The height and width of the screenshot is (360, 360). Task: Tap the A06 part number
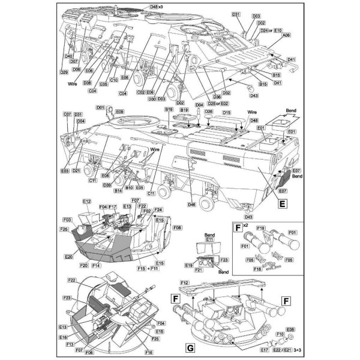point(286,35)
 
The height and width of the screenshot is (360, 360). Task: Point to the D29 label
point(64,72)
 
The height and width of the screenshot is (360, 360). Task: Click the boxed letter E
point(281,202)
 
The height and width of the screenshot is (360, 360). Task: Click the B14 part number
point(119,190)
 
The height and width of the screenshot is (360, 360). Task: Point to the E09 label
point(119,112)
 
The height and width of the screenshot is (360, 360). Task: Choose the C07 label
point(67,114)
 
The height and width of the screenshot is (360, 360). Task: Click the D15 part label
point(226,112)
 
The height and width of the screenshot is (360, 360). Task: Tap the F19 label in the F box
point(262,229)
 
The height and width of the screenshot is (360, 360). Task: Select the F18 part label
point(259,270)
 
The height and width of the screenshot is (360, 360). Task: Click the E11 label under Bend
point(209,239)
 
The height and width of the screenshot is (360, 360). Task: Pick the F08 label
point(177,228)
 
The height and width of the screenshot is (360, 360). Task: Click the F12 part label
point(184,283)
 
